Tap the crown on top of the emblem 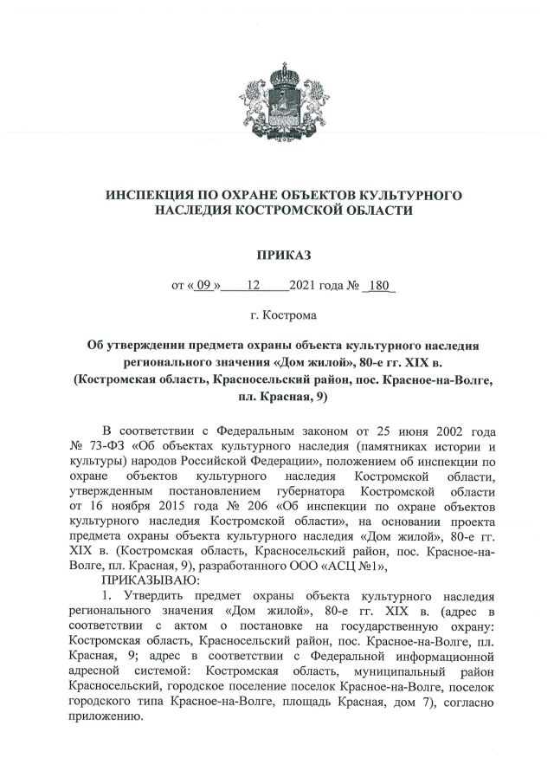278,69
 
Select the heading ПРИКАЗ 278,254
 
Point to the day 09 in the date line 203,285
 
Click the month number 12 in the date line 254,285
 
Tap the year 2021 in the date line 305,285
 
